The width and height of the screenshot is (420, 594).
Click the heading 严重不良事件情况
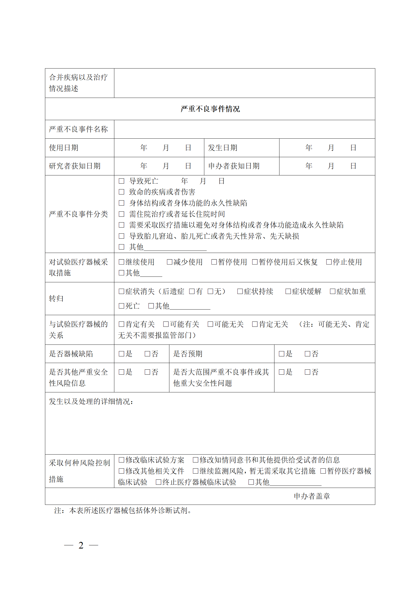210,109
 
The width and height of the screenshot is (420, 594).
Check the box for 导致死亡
121,181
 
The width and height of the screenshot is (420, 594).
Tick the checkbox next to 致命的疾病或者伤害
121,192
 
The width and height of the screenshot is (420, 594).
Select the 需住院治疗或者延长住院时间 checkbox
121,214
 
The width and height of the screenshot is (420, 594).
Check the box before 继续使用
121,262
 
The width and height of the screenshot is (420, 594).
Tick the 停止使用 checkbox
329,262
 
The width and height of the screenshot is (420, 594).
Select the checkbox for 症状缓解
288,291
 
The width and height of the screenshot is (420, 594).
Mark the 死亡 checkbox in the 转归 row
121,306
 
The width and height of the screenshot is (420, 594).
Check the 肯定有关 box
121,324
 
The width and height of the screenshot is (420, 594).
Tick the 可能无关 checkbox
210,324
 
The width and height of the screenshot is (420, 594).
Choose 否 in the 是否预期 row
307,354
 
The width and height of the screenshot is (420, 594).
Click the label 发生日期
223,148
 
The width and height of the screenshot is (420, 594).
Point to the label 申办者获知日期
234,166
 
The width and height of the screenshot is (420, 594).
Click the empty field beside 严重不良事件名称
244,129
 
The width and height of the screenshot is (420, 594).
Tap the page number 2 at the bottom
81,545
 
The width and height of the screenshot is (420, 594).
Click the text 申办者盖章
312,496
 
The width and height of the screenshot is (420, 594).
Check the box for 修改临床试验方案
121,460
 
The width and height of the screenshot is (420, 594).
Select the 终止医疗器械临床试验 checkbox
158,482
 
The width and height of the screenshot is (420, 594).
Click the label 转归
56,298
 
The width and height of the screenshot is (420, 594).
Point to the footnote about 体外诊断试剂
123,510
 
